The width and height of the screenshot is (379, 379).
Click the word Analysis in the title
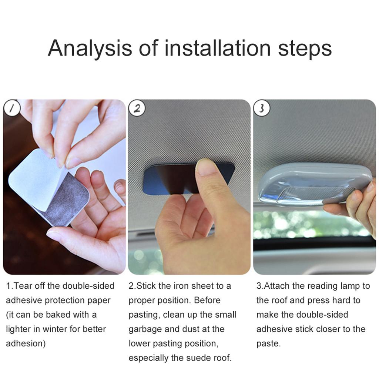[90, 48]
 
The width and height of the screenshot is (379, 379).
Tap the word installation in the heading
[217, 48]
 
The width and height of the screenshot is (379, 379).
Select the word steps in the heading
[305, 48]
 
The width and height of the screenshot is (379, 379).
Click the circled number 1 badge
[11, 108]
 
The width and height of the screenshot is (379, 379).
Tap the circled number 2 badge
[137, 108]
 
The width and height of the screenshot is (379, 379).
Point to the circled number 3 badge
[262, 108]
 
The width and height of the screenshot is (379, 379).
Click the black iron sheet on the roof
[167, 180]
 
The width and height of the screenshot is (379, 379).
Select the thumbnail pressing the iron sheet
[205, 167]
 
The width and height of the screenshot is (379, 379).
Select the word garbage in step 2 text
[144, 329]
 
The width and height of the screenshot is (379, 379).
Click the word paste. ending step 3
[268, 344]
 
